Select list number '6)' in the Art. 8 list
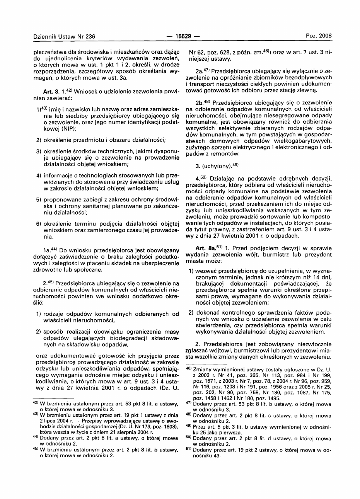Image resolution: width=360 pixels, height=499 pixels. coord(39,224)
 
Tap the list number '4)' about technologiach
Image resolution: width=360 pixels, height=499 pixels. coord(39,175)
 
